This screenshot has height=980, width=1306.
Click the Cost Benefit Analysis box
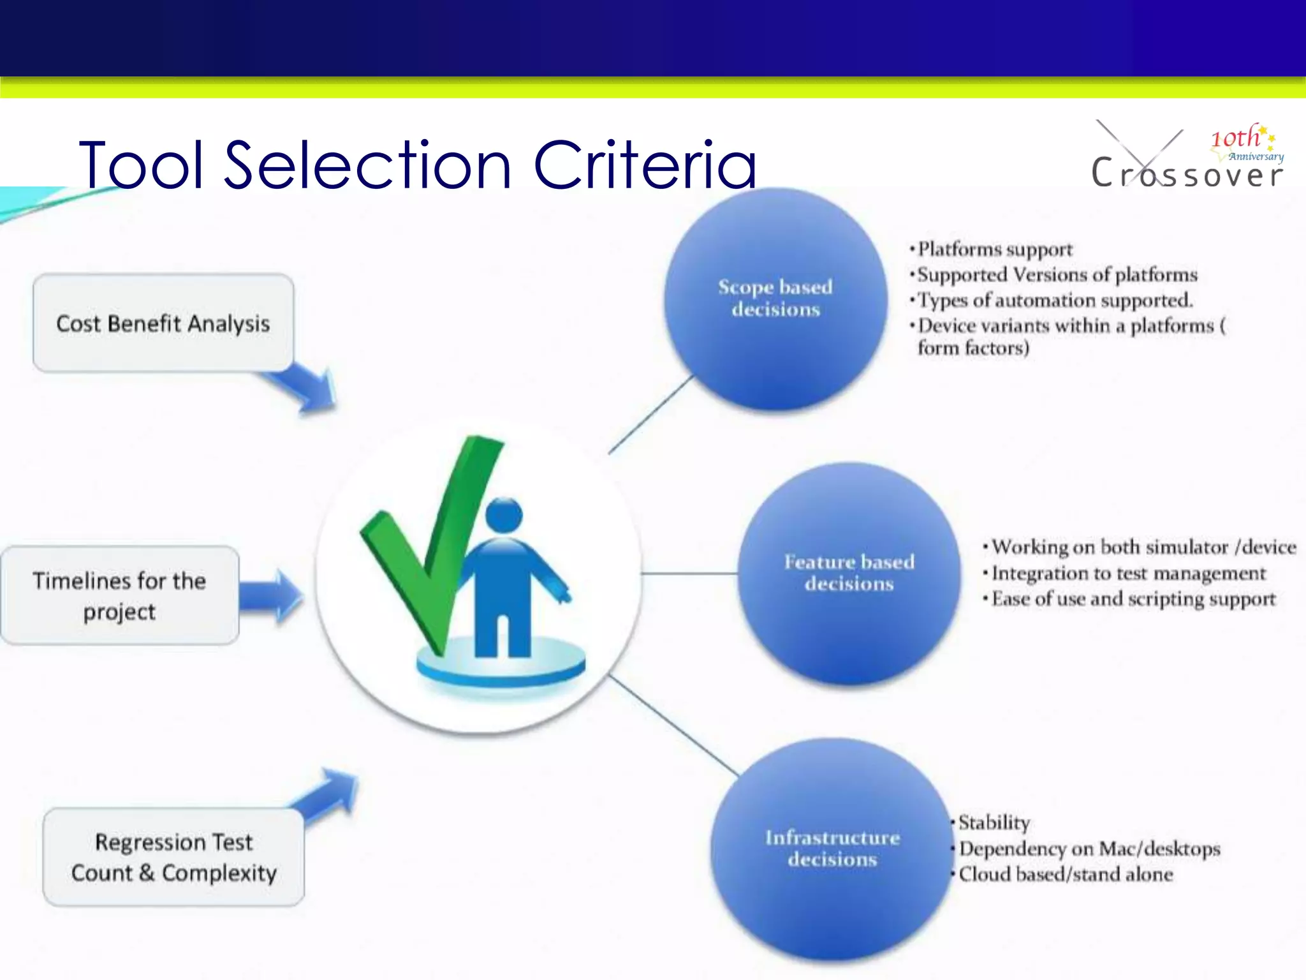point(163,323)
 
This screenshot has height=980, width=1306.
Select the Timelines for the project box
point(120,595)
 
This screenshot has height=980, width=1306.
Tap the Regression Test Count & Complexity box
point(173,857)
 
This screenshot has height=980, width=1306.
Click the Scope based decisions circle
point(775,299)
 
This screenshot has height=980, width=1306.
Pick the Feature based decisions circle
point(849,573)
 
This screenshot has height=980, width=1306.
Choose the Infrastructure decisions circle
point(832,849)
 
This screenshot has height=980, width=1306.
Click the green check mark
point(434,542)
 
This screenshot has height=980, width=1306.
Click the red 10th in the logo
point(1235,138)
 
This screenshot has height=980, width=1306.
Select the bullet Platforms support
point(995,249)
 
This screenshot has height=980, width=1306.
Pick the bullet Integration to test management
point(1129,574)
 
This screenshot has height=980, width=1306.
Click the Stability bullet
point(994,822)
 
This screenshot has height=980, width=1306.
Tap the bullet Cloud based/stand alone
point(1065,874)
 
